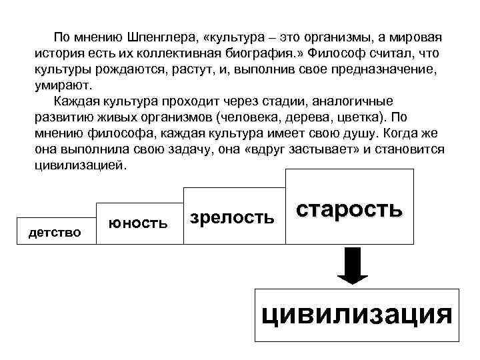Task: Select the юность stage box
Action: [139, 222]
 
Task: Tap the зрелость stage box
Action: [232, 217]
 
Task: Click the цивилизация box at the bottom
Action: [357, 314]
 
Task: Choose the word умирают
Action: [65, 85]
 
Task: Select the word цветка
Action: [352, 118]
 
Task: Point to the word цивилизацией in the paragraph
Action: [79, 166]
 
